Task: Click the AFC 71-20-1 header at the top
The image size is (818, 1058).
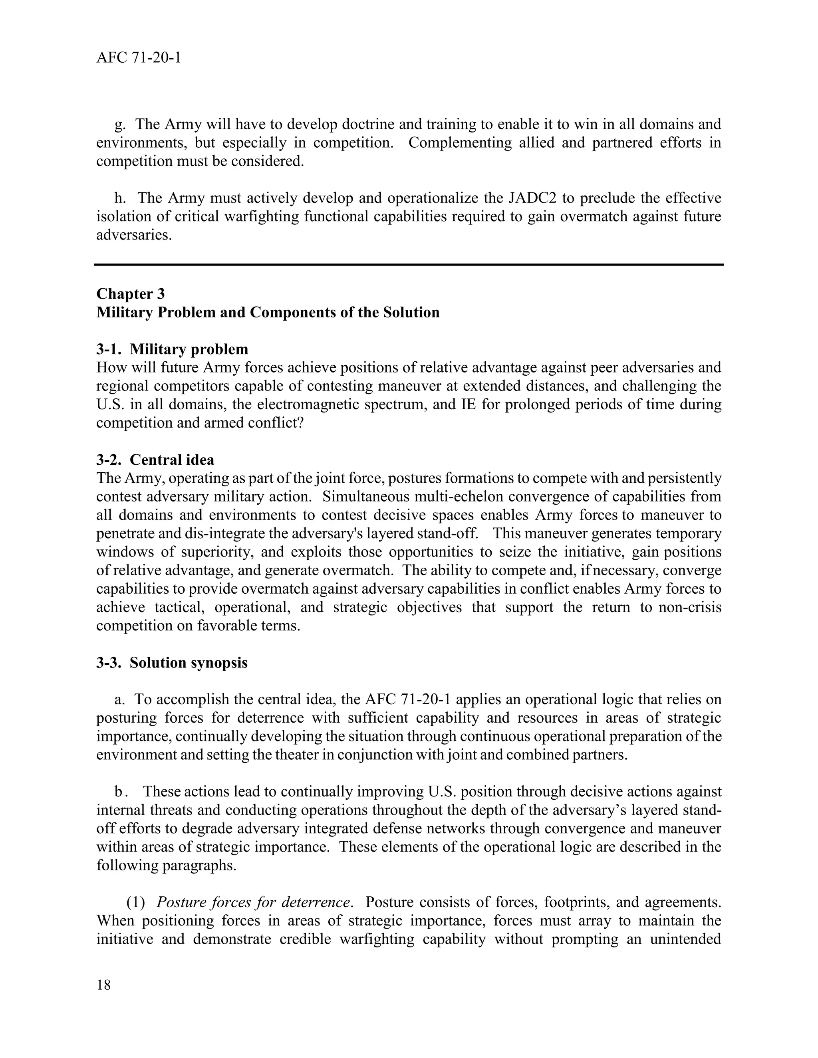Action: (139, 58)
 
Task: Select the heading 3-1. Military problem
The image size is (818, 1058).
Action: (172, 349)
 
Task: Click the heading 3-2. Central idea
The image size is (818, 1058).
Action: (155, 459)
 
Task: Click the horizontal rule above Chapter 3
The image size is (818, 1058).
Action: (409, 264)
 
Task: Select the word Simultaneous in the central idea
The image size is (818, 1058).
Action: (367, 497)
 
